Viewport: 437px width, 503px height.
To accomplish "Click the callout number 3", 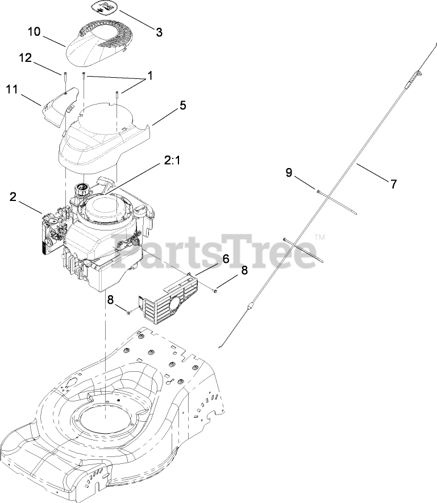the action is click(x=159, y=32).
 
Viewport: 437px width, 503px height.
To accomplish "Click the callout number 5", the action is click(x=182, y=105).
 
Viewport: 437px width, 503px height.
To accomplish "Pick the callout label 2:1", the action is click(x=172, y=162).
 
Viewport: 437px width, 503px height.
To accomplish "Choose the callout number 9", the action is click(x=289, y=172).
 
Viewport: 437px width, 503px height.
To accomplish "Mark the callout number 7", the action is click(x=393, y=183).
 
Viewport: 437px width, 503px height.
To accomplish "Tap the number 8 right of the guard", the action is click(x=244, y=271).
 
